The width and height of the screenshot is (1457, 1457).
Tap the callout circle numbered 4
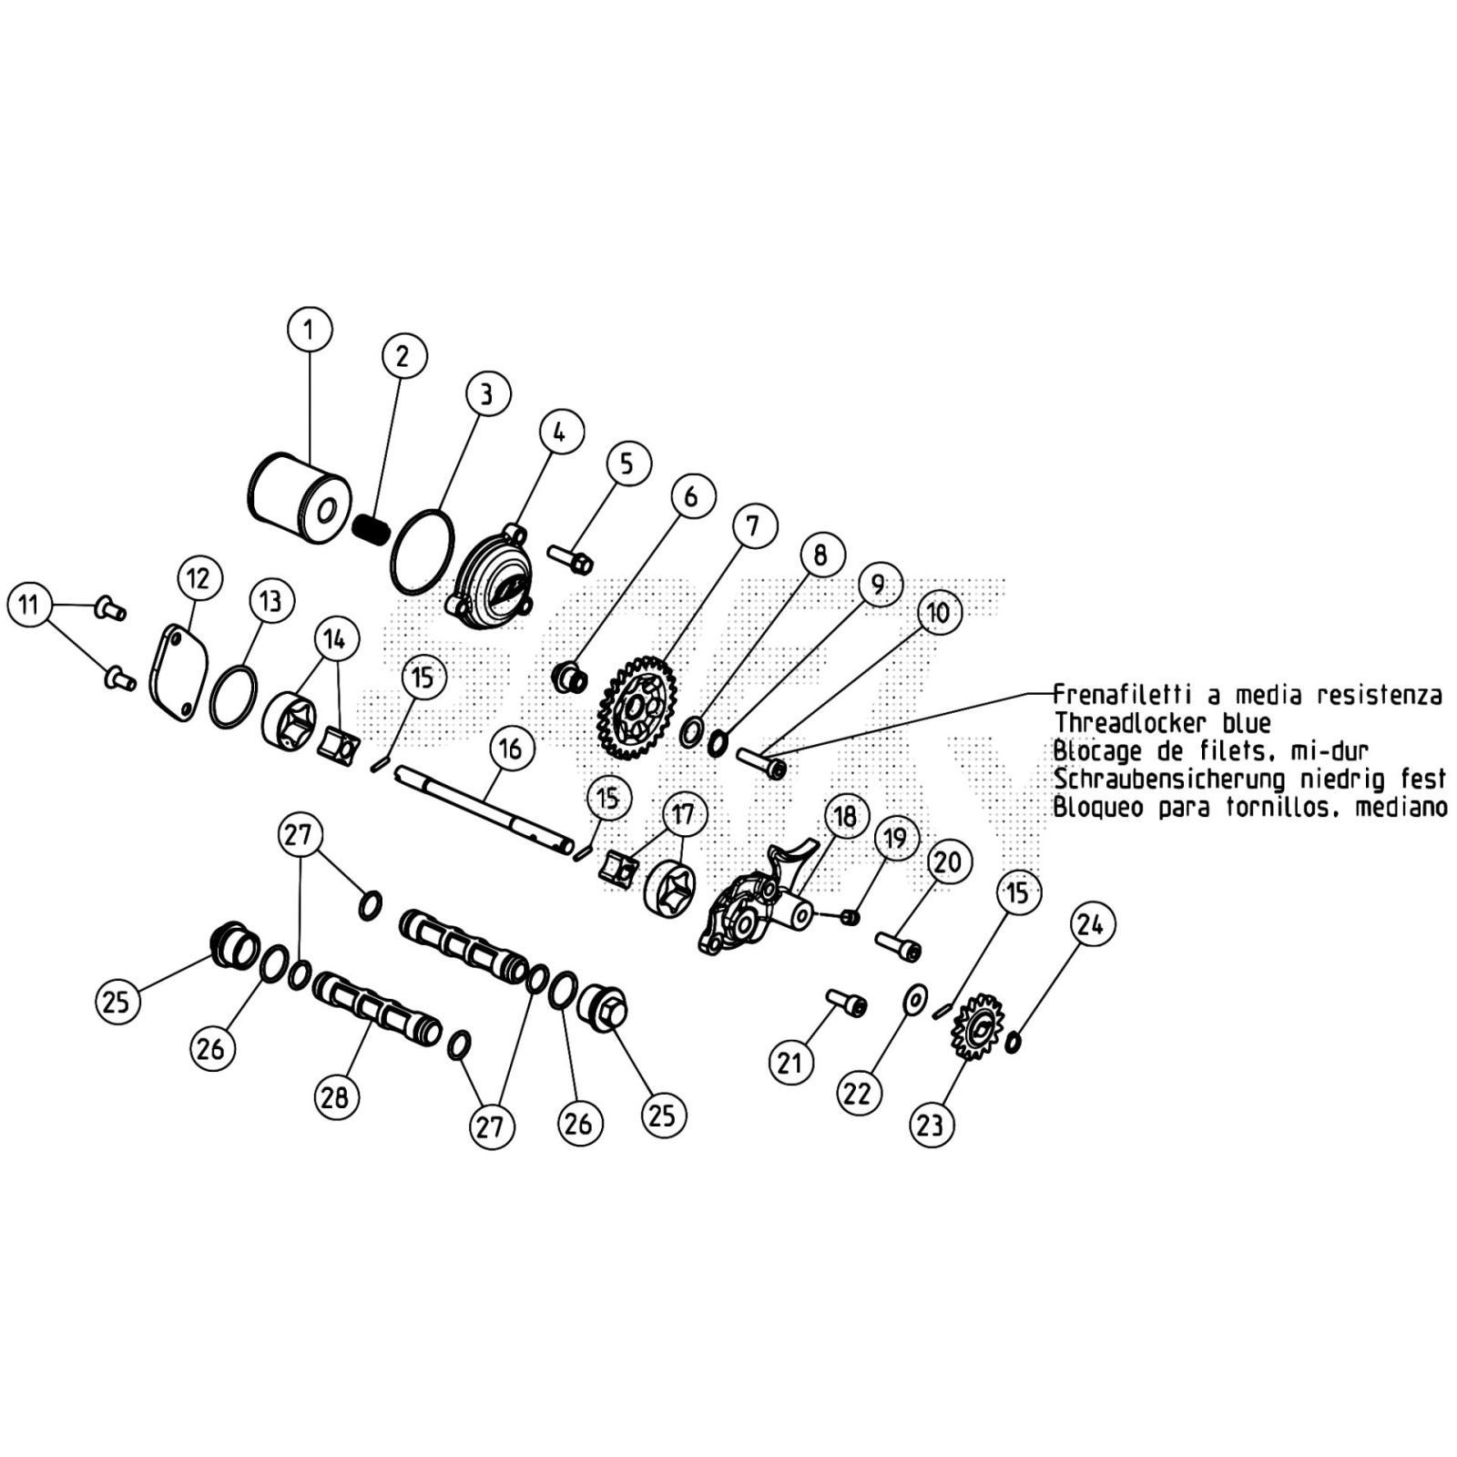(559, 433)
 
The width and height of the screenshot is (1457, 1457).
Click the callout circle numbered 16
(510, 748)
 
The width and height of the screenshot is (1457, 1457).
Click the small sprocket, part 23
(977, 1029)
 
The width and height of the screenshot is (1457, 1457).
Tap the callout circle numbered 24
(1090, 924)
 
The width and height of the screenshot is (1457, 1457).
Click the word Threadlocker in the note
(1129, 723)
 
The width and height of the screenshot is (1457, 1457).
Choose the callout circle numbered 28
(335, 1096)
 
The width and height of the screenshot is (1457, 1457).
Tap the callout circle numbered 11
(30, 605)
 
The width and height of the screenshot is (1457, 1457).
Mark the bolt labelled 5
(571, 559)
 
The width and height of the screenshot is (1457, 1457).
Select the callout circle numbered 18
(845, 815)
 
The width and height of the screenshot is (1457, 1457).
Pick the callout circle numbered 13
(270, 601)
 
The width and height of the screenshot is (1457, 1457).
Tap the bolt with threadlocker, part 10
(761, 763)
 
